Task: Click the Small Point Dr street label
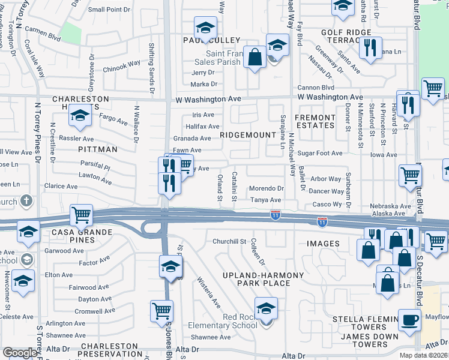pos(109,10)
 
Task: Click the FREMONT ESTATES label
pos(315,121)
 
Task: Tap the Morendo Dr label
pos(266,188)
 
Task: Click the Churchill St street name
pos(229,241)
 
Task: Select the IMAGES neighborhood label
pos(323,244)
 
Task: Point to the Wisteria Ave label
pos(209,291)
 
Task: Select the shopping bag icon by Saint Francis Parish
pos(255,58)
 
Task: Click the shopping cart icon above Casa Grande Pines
pos(81,214)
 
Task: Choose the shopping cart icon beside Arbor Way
pos(411,175)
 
